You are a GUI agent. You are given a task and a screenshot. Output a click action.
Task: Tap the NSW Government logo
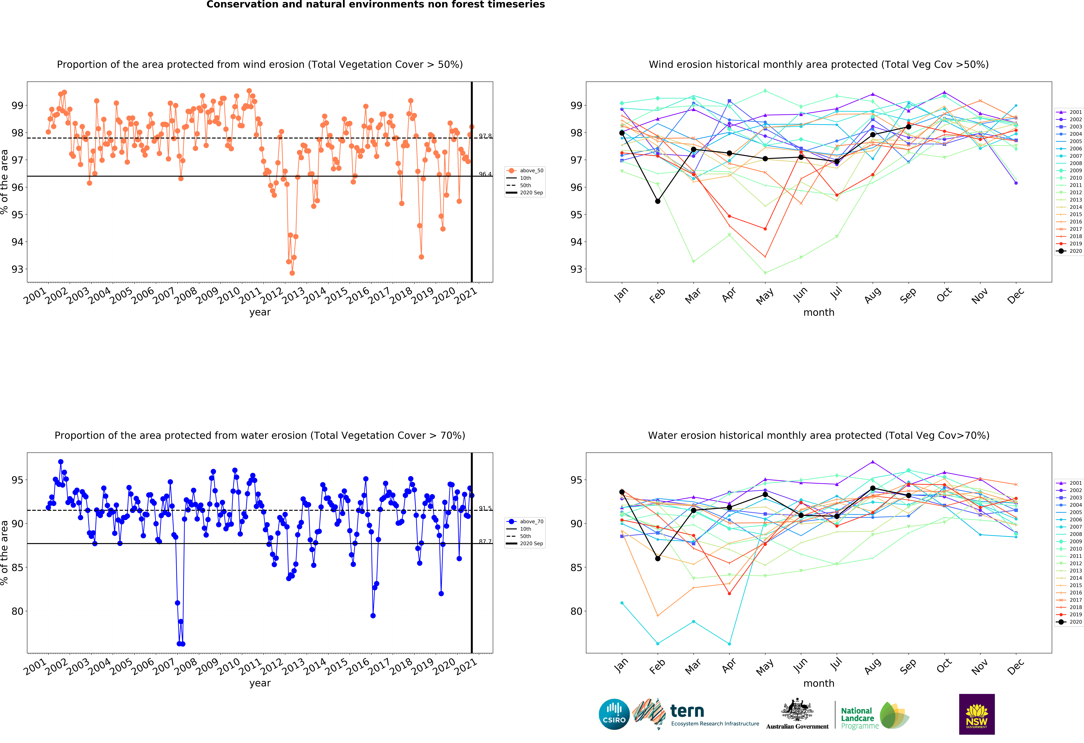(x=977, y=714)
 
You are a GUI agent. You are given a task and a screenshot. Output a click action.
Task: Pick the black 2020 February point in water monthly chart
(x=658, y=558)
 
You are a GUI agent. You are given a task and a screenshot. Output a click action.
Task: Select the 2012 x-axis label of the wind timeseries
(x=271, y=296)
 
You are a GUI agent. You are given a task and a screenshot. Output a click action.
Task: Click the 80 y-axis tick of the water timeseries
(x=17, y=611)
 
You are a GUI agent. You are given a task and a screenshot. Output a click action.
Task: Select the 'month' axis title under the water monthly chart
(x=819, y=683)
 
